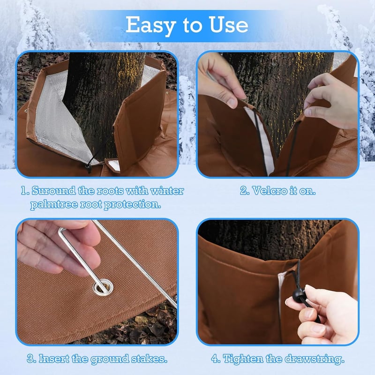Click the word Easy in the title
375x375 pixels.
[x=150, y=25]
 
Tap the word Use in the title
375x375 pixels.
[x=228, y=25]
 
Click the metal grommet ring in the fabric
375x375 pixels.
[x=103, y=287]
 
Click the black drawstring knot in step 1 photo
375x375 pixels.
[x=88, y=166]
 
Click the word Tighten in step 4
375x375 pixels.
[x=240, y=359]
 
